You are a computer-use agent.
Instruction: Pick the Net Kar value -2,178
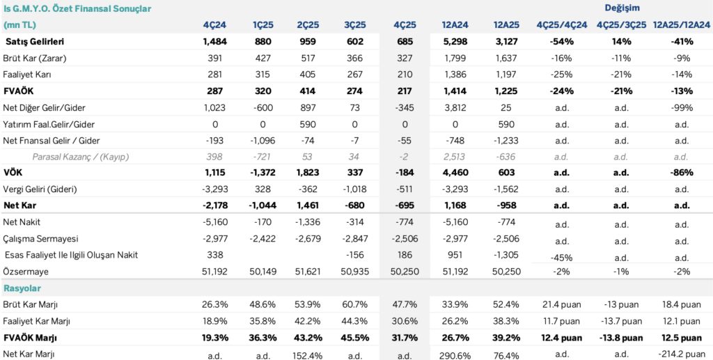pos(213,205)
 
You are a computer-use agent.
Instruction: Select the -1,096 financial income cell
pos(261,140)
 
